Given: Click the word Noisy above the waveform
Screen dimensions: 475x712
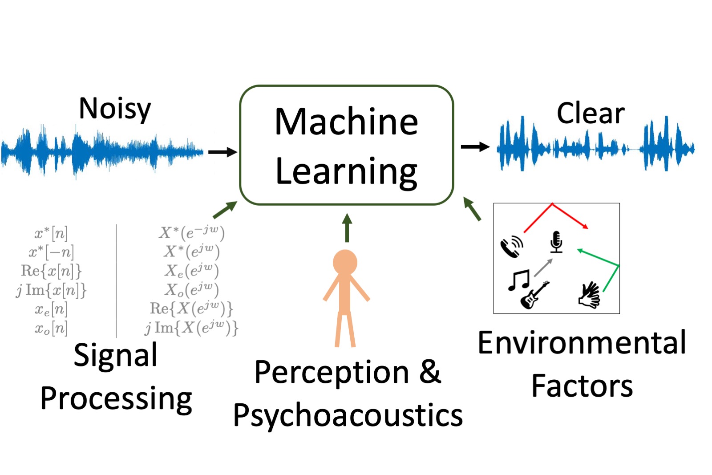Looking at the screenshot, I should tap(115, 109).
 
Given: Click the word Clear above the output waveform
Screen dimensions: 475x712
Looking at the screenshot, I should tap(591, 114).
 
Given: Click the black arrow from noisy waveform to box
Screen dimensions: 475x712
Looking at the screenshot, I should tap(222, 152).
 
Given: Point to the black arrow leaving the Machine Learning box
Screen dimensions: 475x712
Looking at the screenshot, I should tap(475, 146).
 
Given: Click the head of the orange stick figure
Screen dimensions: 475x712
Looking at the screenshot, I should tap(345, 262).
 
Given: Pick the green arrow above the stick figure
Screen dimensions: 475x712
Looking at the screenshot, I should tap(347, 227).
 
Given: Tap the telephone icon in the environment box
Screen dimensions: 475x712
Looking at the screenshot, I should tap(512, 247).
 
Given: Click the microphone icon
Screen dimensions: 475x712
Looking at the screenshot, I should tap(556, 242).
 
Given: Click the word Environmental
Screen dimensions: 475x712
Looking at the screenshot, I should tap(582, 343).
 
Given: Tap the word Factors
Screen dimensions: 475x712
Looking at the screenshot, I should tap(582, 386).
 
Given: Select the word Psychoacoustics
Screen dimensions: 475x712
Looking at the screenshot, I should tap(348, 416).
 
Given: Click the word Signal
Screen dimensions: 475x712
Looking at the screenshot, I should tap(115, 355).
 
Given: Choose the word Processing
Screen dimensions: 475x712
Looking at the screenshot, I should tap(116, 398).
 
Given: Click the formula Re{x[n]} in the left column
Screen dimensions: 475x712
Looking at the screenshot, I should tap(51, 271).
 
